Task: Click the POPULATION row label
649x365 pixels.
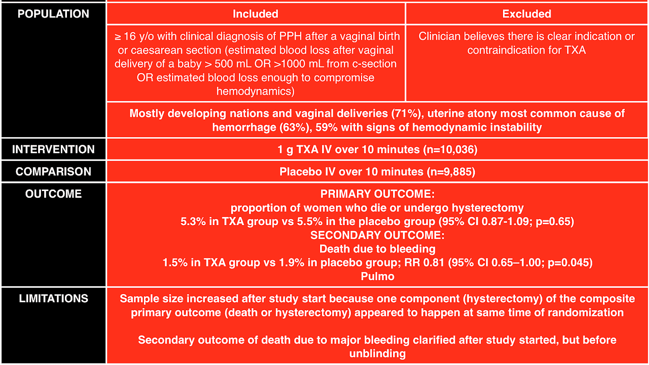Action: pyautogui.click(x=53, y=14)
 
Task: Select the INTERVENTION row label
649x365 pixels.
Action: pyautogui.click(x=53, y=149)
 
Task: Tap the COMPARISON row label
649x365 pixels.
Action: pyautogui.click(x=53, y=172)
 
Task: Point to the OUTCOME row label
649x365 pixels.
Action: pyautogui.click(x=53, y=194)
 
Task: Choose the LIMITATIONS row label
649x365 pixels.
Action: pyautogui.click(x=53, y=298)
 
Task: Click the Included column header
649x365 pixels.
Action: pyautogui.click(x=256, y=14)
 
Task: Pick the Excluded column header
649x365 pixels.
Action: pyautogui.click(x=527, y=14)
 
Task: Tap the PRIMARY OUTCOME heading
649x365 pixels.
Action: pyautogui.click(x=377, y=194)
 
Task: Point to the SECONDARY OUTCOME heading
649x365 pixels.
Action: pyautogui.click(x=377, y=235)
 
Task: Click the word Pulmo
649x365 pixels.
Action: pyautogui.click(x=377, y=277)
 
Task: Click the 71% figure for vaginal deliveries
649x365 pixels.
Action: pyautogui.click(x=407, y=114)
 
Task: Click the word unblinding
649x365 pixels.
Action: pyautogui.click(x=377, y=354)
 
